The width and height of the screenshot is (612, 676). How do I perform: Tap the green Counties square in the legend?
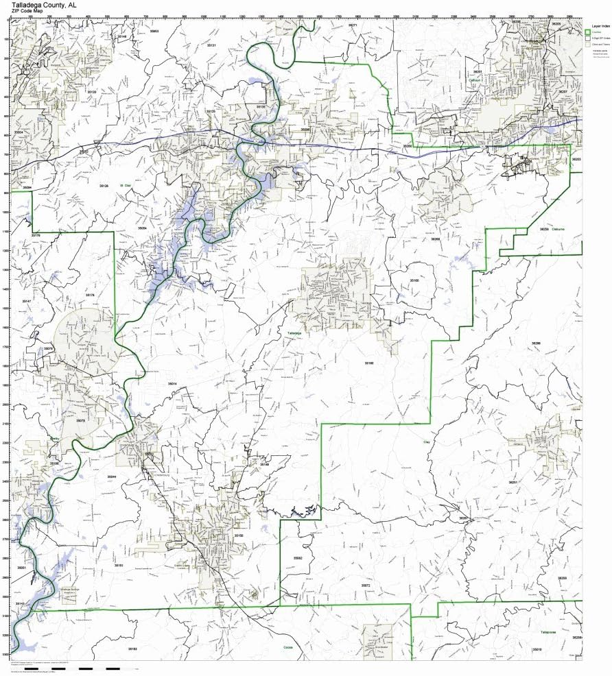587,32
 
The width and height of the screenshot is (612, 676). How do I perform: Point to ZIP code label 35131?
211,45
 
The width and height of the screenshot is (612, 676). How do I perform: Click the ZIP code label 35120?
91,91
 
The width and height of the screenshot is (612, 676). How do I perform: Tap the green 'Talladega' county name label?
294,333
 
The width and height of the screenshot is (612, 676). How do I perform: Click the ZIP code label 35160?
369,363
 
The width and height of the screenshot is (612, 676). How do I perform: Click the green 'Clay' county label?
426,443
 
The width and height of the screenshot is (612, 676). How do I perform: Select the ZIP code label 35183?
132,648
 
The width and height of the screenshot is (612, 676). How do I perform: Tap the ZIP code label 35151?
119,565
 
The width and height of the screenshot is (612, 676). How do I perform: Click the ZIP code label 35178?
90,295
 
